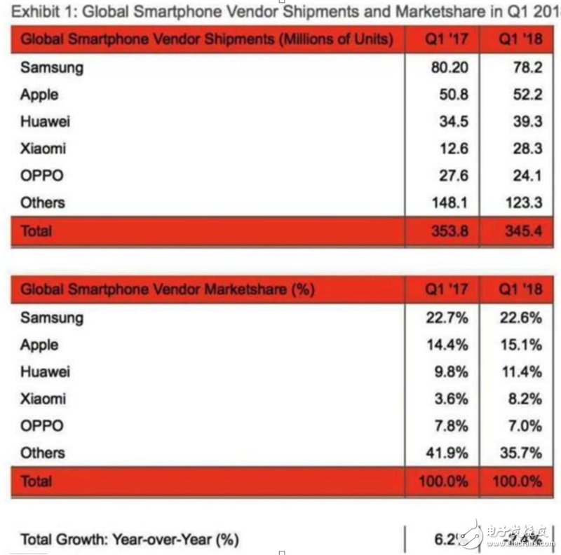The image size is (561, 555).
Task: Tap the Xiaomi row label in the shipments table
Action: [x=43, y=149]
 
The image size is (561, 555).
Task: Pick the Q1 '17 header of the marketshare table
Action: [x=447, y=289]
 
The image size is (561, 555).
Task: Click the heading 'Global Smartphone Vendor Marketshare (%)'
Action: [x=168, y=289]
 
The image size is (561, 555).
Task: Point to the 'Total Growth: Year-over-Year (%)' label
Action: [x=130, y=539]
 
